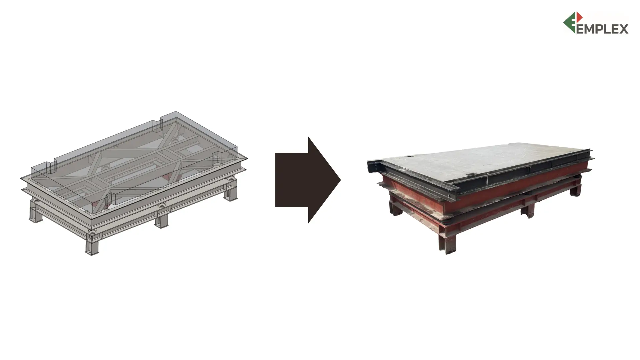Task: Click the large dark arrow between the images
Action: pyautogui.click(x=308, y=180)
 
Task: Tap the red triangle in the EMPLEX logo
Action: pyautogui.click(x=579, y=17)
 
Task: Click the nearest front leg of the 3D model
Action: pyautogui.click(x=92, y=245)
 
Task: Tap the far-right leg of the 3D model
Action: pyautogui.click(x=231, y=192)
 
